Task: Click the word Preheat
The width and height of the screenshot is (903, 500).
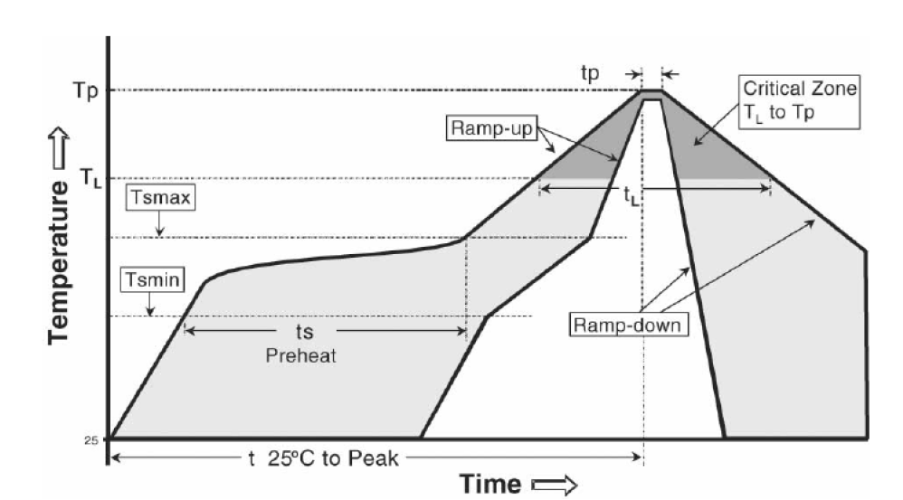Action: pos(300,356)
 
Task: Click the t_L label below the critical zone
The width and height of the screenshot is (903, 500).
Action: pos(631,195)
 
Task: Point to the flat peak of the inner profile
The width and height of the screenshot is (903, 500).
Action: pos(651,99)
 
